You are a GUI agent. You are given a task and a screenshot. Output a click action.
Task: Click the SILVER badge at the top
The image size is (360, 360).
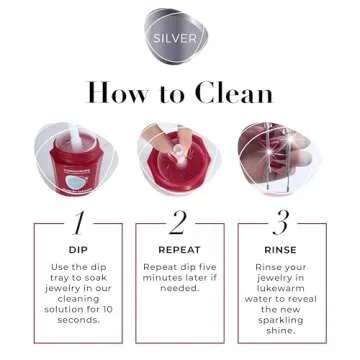180,39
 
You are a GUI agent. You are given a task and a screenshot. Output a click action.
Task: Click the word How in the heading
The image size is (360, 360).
118,93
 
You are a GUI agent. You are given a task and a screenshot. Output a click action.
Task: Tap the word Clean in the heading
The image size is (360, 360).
232,93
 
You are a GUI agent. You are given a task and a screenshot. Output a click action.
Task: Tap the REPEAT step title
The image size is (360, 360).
180,249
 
